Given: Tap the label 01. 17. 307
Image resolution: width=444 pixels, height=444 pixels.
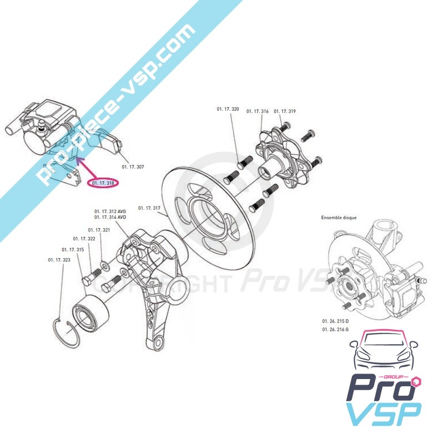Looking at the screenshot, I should pyautogui.click(x=133, y=166).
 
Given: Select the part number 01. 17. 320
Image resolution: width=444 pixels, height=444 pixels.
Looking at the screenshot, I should pyautogui.click(x=228, y=110).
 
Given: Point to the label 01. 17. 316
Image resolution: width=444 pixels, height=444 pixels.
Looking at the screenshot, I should pyautogui.click(x=258, y=111).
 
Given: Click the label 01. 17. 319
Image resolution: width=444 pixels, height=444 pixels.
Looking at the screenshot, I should pyautogui.click(x=285, y=111).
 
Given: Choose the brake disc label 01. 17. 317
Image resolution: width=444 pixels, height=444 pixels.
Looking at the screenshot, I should pyautogui.click(x=149, y=208).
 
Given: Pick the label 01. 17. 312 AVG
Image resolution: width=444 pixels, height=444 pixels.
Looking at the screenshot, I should pyautogui.click(x=110, y=211).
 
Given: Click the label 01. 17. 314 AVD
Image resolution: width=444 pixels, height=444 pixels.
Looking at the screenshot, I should pyautogui.click(x=110, y=218).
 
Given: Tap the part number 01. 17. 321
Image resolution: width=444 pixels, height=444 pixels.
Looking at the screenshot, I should pyautogui.click(x=99, y=230).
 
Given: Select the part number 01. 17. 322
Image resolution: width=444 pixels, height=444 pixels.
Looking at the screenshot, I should pyautogui.click(x=84, y=239).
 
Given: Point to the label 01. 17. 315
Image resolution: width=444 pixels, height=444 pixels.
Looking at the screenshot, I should pyautogui.click(x=73, y=250).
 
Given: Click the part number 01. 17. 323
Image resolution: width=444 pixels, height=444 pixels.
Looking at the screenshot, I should pyautogui.click(x=59, y=259).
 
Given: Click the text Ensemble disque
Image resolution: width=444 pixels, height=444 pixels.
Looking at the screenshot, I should pyautogui.click(x=339, y=218).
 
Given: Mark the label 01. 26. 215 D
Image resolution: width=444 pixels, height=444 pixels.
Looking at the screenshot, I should pyautogui.click(x=335, y=322).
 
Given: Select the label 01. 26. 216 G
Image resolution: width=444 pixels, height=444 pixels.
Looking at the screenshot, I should pyautogui.click(x=335, y=330).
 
